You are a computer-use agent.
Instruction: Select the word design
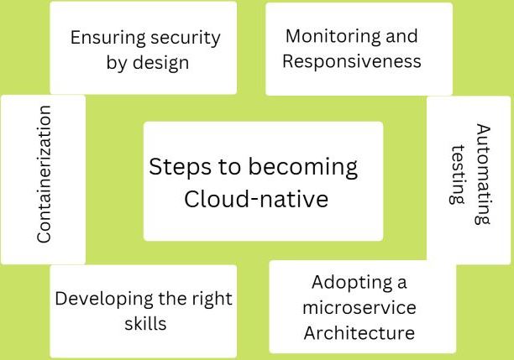point(161,62)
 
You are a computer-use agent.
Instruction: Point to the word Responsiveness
point(352,61)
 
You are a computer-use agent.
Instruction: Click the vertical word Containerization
point(44,175)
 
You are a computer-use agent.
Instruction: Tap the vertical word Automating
point(483,174)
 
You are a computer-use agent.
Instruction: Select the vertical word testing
point(458,175)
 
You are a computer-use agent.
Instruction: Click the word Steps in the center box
point(181,167)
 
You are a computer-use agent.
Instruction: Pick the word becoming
point(302,168)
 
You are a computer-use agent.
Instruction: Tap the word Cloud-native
point(256,199)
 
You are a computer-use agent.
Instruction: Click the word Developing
point(104,300)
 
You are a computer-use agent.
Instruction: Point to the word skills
point(145,324)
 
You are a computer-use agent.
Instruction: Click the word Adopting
point(352,283)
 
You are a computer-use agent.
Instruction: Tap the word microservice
point(359,307)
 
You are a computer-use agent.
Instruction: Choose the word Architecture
point(359,332)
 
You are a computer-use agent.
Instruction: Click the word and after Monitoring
point(401,36)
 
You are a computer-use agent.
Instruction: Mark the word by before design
point(117,62)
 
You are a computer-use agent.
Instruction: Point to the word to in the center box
point(230,167)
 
